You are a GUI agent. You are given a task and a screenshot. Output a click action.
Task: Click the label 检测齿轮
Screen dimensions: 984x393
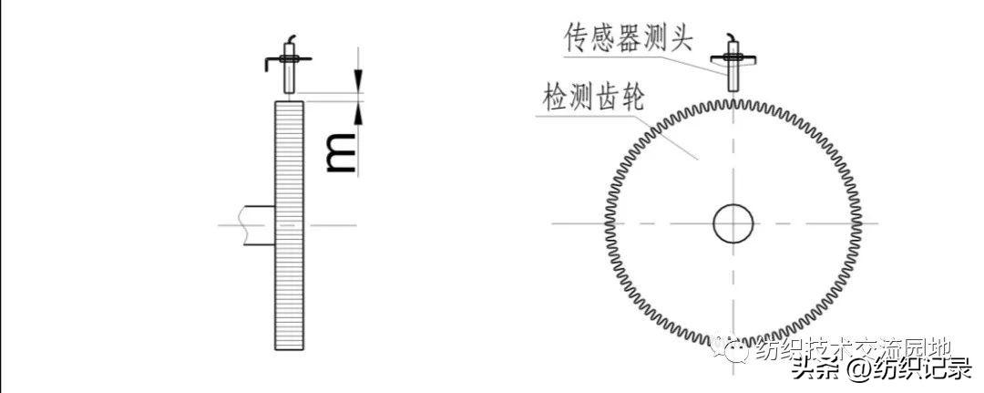coord(593,98)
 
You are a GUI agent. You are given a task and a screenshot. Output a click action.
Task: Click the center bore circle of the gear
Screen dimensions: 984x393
coord(733,222)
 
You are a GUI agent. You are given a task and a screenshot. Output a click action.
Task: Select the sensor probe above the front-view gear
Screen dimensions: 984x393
coord(733,73)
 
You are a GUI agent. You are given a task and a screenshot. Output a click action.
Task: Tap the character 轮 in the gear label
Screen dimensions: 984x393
coord(630,98)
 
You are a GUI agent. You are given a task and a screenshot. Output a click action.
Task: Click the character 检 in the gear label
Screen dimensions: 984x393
coord(555,98)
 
